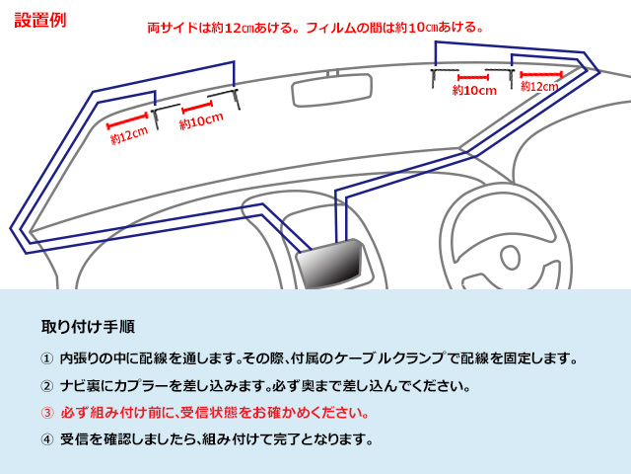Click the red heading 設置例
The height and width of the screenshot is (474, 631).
point(40,20)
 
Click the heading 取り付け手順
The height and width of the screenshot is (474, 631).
point(88,327)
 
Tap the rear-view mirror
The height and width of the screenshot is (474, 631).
point(332,90)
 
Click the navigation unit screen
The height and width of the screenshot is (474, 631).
point(330,264)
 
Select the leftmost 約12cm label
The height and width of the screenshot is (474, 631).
point(129,135)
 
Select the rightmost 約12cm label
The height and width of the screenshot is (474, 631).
point(539,86)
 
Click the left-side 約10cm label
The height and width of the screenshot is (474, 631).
point(201,120)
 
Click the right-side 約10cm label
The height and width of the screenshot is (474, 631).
point(474,90)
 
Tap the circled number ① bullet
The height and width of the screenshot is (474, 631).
point(46,358)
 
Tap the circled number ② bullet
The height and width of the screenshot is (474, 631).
point(46,386)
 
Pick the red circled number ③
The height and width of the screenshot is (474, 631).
point(46,413)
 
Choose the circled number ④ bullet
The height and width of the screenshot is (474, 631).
point(46,439)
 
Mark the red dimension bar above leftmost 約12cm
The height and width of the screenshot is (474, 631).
point(127,121)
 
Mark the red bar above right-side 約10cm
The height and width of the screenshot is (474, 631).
point(473,77)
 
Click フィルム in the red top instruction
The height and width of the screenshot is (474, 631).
point(331,28)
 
